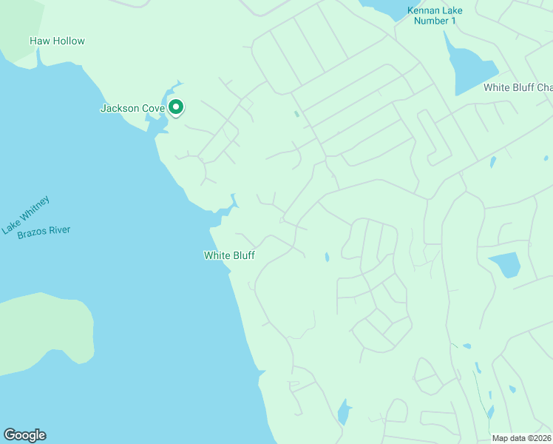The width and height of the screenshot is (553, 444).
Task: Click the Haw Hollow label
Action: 57,41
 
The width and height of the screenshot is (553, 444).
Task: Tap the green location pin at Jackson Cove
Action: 176,107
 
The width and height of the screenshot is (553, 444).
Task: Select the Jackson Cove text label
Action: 132,109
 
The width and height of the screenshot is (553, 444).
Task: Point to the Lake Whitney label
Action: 26,215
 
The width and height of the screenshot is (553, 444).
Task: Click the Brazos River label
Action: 44,230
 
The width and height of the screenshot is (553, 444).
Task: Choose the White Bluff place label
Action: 229,256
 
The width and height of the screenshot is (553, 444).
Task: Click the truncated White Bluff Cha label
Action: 518,87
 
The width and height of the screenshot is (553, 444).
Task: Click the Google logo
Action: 24,435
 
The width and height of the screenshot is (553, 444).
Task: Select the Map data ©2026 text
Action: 522,438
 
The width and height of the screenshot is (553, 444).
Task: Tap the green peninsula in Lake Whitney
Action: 44,333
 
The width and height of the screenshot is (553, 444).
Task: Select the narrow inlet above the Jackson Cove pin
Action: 177,88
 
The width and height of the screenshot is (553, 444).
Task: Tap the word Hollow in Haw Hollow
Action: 68,41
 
